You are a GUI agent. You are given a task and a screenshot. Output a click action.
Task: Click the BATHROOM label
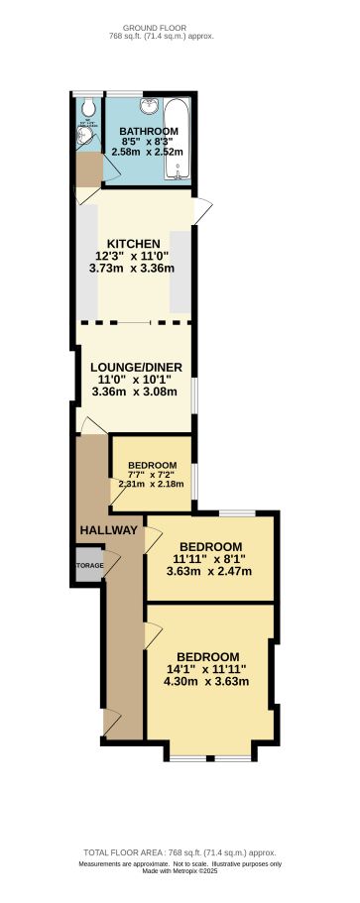[x=149, y=132]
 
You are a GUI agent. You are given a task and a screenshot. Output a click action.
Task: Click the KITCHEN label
[x=135, y=244]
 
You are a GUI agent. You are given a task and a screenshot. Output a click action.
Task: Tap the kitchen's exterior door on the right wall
[x=202, y=209]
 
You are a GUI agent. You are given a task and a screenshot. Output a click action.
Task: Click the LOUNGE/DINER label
[x=136, y=367]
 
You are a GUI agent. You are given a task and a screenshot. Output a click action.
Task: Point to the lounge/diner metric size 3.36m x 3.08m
[x=136, y=391]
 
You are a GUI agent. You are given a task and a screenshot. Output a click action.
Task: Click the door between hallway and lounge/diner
[x=92, y=426]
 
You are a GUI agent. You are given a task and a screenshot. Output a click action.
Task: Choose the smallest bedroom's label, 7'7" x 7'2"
[x=152, y=472]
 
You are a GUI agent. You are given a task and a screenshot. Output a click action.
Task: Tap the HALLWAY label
[x=109, y=530]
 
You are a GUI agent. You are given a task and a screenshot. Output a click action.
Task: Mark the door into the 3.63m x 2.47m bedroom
[x=153, y=540]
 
